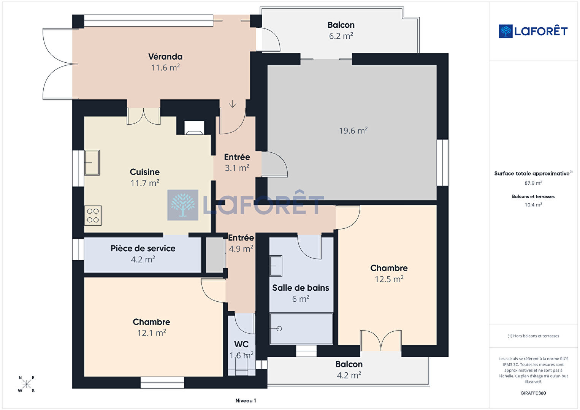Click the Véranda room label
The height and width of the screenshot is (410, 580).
[165, 57]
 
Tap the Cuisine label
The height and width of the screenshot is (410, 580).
[144, 172]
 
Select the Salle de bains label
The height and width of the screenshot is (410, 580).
[301, 288]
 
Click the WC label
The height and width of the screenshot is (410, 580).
[241, 344]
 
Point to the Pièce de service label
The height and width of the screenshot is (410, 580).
[143, 249]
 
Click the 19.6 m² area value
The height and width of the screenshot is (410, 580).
[353, 130]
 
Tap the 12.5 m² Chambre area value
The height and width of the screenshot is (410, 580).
[389, 279]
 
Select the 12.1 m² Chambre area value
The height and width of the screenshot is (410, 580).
[152, 332]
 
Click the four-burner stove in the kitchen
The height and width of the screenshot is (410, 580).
[93, 215]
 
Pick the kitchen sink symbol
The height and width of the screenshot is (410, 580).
[92, 163]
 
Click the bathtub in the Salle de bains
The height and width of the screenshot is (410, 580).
[301, 329]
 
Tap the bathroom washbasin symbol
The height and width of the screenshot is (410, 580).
[276, 266]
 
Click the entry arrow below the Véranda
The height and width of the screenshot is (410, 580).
[233, 104]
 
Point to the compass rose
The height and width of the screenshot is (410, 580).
[26, 384]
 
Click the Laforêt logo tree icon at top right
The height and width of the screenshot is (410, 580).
[506, 31]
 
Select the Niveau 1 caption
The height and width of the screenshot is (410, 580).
[246, 401]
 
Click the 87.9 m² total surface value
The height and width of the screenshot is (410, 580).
[533, 183]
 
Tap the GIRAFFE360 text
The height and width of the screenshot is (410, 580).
[533, 393]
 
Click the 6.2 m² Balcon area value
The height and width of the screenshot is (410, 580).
[341, 36]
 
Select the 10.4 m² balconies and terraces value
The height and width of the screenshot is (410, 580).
[533, 205]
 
